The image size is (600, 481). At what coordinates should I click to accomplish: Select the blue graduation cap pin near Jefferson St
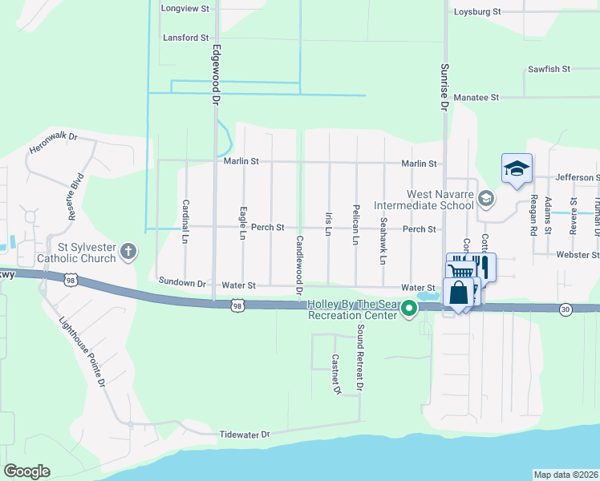(517, 169)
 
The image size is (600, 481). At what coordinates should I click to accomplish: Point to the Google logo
(26, 471)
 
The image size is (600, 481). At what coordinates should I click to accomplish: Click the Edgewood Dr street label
(215, 75)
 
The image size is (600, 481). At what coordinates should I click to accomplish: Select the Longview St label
(184, 8)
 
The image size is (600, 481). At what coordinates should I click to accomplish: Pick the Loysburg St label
(476, 12)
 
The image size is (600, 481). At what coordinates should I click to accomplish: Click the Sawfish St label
(549, 69)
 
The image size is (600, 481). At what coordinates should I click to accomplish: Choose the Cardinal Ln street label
(185, 221)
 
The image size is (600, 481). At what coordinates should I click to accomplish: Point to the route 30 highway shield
(566, 309)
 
